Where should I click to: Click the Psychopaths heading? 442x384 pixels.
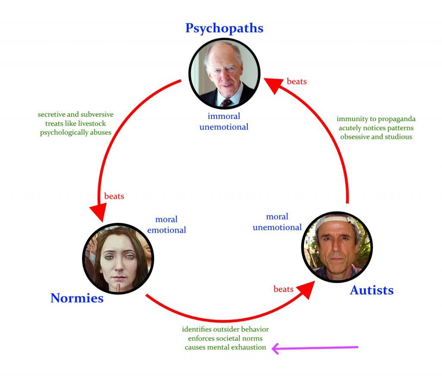[224, 28]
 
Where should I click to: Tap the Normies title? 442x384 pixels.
[77, 298]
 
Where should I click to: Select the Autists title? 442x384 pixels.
[372, 290]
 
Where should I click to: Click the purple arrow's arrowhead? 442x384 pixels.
[275, 349]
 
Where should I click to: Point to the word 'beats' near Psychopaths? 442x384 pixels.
[297, 81]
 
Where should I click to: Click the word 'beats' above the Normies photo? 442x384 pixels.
[114, 196]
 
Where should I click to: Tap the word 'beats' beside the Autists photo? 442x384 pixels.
[284, 289]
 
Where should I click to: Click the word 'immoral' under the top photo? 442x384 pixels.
[224, 116]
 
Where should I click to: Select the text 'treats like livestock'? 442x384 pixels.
[76, 123]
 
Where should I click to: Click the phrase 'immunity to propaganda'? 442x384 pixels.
[376, 119]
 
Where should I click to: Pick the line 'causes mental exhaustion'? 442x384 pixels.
[225, 347]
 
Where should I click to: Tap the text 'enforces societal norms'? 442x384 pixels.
[225, 338]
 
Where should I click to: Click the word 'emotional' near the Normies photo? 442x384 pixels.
[167, 230]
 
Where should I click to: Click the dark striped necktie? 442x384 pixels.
[226, 103]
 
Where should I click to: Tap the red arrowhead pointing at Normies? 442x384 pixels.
[98, 212]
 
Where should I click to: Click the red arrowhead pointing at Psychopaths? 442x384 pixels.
[273, 85]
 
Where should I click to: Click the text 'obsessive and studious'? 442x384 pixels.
[376, 137]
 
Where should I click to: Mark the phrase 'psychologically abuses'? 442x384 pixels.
[76, 132]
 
